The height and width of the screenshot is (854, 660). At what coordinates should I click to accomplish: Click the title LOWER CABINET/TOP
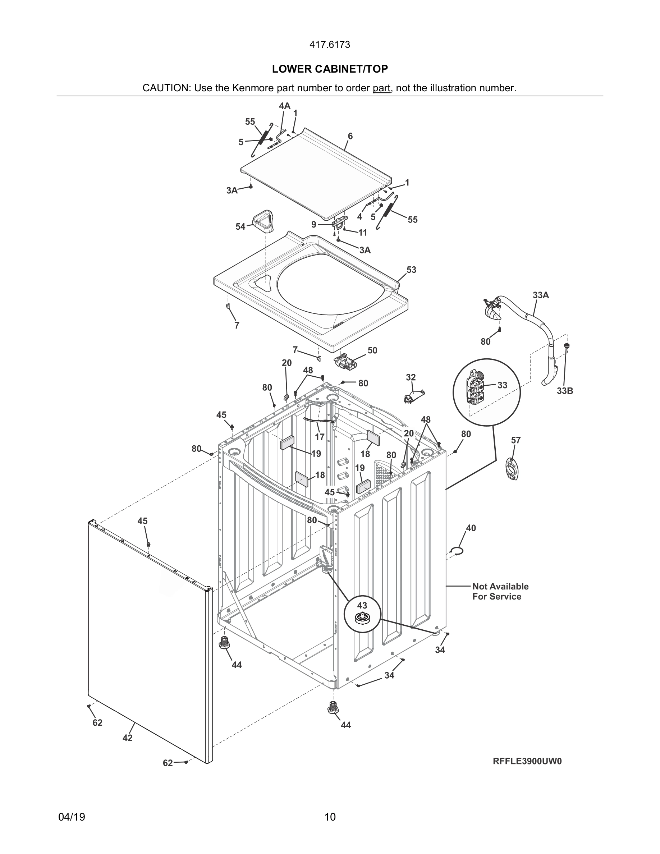330,69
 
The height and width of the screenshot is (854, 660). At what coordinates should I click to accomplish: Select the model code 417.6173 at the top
330,45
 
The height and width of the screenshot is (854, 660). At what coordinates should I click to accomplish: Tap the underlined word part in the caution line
381,88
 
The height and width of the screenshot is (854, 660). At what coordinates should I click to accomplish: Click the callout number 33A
541,295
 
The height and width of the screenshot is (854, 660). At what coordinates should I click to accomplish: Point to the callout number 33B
565,391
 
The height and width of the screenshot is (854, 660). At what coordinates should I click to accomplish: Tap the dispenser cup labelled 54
263,221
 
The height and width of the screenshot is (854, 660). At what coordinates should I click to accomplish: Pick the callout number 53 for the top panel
411,270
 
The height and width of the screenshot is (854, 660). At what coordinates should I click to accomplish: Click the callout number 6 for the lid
350,136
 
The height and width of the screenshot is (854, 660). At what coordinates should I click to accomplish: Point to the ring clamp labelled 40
457,551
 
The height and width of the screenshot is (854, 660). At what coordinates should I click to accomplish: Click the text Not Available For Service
500,591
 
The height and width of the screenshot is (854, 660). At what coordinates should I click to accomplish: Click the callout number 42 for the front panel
128,738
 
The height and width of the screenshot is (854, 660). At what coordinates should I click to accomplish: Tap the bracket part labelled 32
414,396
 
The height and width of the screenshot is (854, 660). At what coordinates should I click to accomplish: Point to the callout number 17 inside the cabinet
320,437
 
